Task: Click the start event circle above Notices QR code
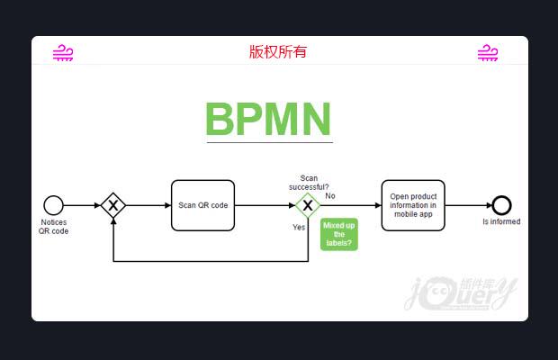(x=53, y=205)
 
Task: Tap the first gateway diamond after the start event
(x=112, y=205)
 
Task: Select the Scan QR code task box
(x=202, y=205)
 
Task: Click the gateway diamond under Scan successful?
(x=308, y=205)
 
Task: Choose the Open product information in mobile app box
(x=413, y=205)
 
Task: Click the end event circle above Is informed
(x=501, y=205)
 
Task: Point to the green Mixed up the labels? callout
(x=338, y=234)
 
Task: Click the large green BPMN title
(x=268, y=118)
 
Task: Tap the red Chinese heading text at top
(x=278, y=51)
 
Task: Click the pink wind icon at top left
(x=63, y=53)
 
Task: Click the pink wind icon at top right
(x=488, y=53)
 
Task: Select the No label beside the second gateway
(x=330, y=195)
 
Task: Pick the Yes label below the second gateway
(x=299, y=227)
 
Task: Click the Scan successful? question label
(x=309, y=182)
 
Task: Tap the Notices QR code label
(x=53, y=226)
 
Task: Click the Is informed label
(x=501, y=221)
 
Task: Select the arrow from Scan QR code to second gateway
(x=264, y=205)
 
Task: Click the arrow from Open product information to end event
(x=468, y=205)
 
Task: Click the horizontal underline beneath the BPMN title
(x=269, y=142)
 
